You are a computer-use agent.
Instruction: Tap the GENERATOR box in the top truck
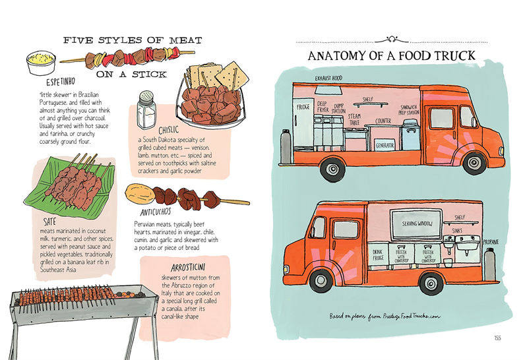coord(384,144)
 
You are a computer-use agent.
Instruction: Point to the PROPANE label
coord(490,242)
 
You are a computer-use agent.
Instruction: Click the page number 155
coord(497,338)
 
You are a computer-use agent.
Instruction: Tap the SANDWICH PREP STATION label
coord(410,109)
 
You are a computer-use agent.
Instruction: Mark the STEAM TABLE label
coord(355,119)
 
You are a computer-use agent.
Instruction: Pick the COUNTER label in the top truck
coord(383,121)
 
